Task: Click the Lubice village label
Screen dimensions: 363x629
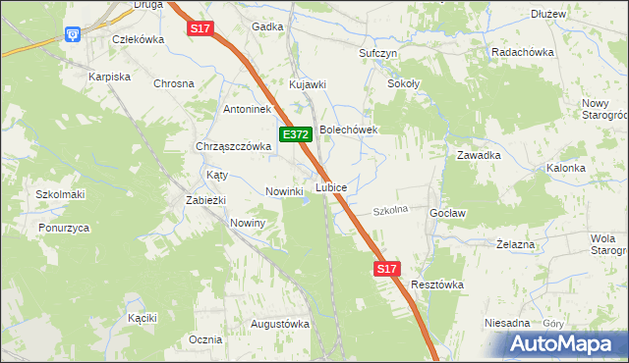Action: click(330, 186)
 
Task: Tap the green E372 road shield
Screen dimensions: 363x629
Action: click(297, 133)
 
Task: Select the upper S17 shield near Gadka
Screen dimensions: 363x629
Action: click(200, 29)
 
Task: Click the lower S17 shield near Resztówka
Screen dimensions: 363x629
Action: click(387, 268)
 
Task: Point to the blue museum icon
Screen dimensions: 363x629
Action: click(74, 35)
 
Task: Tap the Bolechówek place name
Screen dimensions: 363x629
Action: click(349, 129)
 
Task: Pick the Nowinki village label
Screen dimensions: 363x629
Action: click(283, 191)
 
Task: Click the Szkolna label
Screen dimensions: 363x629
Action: click(390, 210)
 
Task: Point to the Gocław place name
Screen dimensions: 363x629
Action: click(447, 213)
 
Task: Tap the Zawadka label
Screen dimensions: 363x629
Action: click(480, 155)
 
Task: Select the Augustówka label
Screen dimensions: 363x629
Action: click(280, 323)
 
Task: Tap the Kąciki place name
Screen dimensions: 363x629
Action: click(143, 318)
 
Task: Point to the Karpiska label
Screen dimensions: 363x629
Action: click(110, 76)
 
